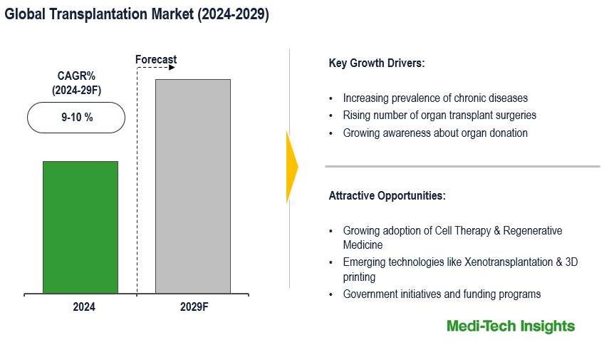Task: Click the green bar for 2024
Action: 80,227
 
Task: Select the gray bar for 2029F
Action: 193,186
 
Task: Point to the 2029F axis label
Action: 193,307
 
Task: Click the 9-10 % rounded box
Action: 76,118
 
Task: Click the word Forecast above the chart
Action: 156,59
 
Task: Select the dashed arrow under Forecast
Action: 156,68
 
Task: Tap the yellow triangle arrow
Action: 292,168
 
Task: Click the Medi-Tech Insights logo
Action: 510,326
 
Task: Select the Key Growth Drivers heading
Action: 376,63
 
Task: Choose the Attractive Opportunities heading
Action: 387,195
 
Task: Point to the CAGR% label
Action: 76,76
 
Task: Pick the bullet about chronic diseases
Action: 435,98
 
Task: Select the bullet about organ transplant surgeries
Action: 439,115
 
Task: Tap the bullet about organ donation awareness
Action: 435,133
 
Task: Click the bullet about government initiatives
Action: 442,294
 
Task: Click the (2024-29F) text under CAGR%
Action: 76,91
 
